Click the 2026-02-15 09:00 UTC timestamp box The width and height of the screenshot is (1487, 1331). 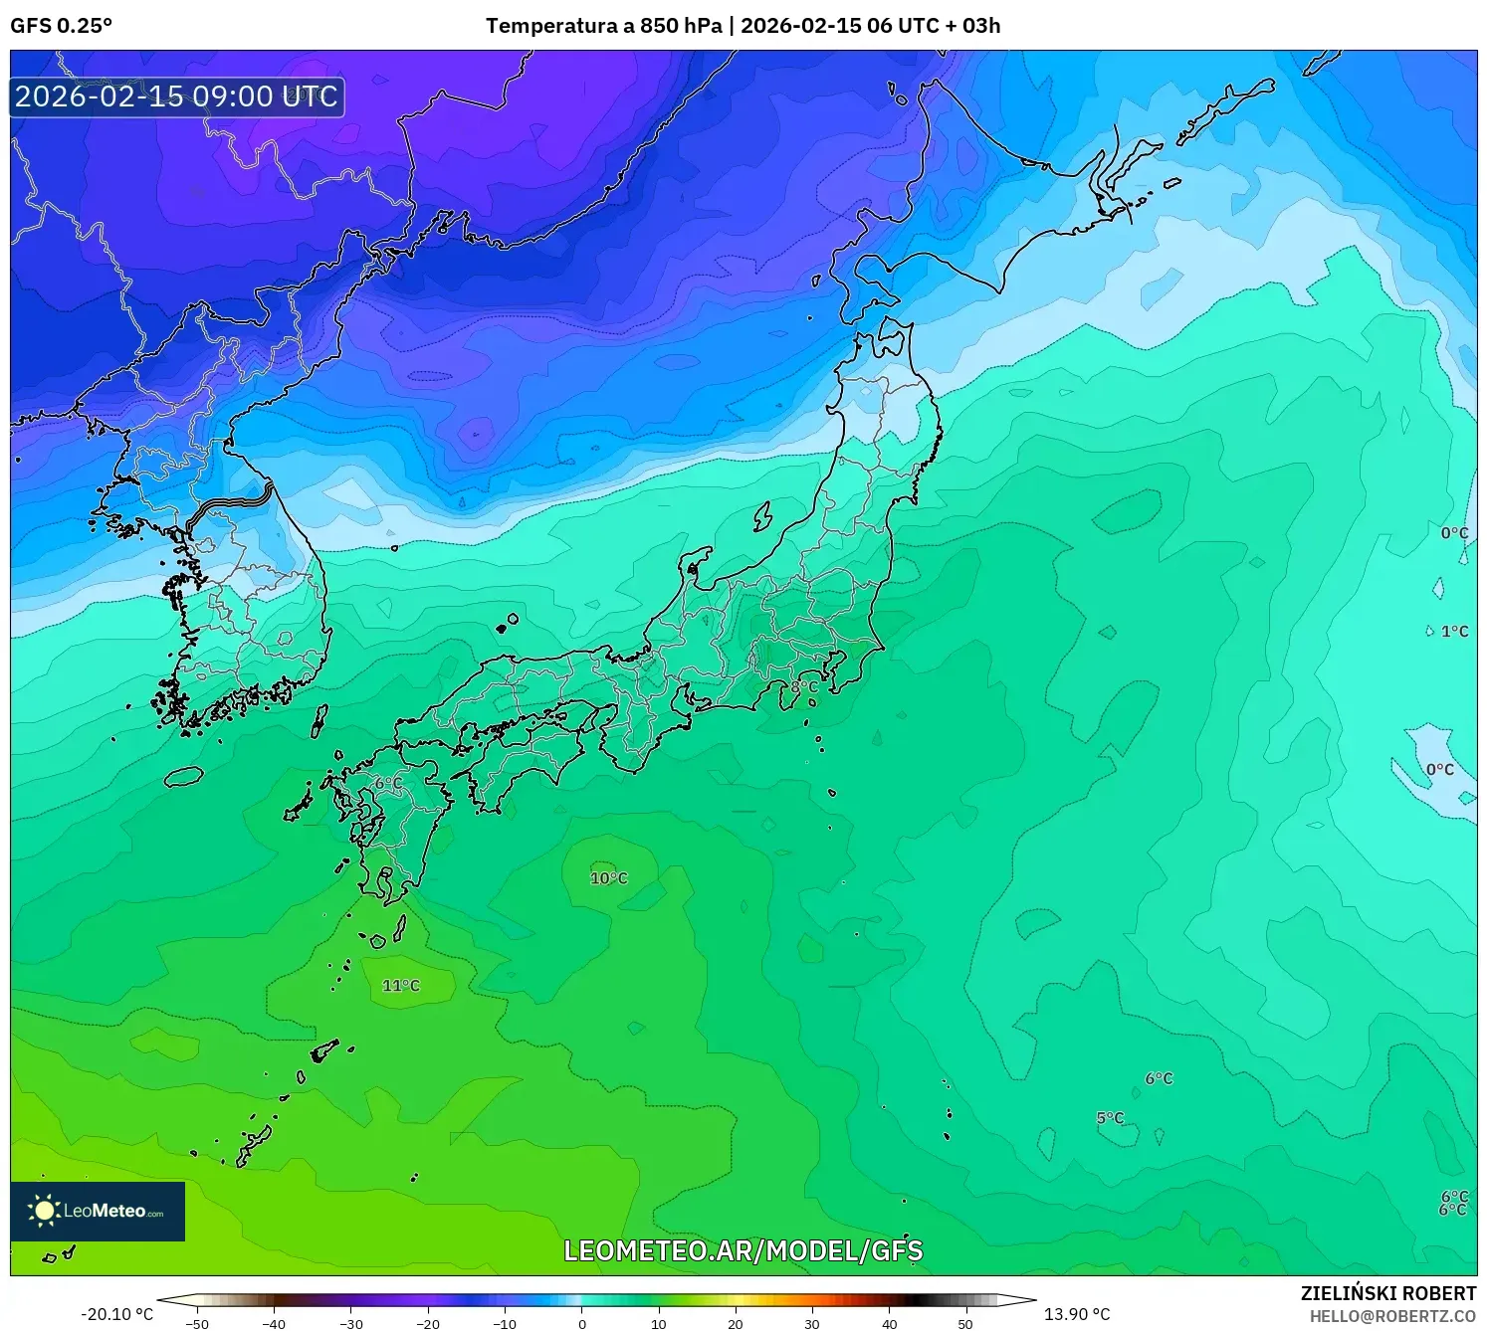[x=177, y=96]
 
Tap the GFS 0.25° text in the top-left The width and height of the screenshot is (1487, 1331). [x=61, y=26]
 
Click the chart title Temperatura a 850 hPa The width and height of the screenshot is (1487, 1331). [x=604, y=26]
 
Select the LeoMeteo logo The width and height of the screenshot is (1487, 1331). [x=98, y=1211]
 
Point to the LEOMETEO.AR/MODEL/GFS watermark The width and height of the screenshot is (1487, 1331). [x=743, y=1250]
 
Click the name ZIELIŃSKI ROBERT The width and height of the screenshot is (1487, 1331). [x=1388, y=1293]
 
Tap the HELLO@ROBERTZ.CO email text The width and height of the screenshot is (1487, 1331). [x=1392, y=1316]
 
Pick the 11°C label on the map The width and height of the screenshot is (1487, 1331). [x=401, y=986]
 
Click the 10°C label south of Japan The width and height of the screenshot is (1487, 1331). [x=609, y=878]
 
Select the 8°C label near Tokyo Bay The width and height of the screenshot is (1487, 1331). [x=804, y=687]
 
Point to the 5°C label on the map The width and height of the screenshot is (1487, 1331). [x=1110, y=1118]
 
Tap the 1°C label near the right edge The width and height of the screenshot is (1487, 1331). [x=1454, y=632]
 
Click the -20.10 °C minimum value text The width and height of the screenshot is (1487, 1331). [x=117, y=1314]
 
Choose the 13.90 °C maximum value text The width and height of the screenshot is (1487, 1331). [x=1077, y=1314]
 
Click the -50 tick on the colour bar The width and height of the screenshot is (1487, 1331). [x=197, y=1324]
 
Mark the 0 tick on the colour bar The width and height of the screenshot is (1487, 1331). [x=582, y=1324]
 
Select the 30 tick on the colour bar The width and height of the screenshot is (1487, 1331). [x=812, y=1324]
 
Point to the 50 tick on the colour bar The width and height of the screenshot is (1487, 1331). [x=965, y=1324]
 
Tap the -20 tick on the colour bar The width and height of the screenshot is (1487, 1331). [x=427, y=1324]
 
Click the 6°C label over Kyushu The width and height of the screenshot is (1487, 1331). [x=388, y=784]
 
